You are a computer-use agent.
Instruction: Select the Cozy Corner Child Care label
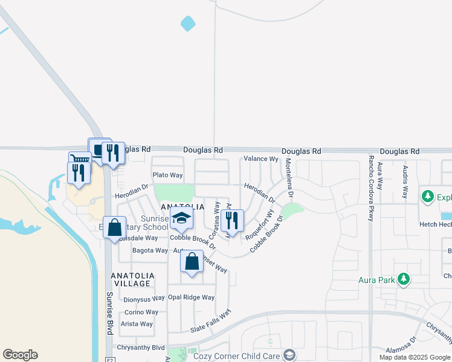click(236, 356)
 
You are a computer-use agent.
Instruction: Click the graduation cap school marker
click(181, 220)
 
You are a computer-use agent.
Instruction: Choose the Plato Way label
click(167, 175)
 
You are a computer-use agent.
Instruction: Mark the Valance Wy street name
click(260, 159)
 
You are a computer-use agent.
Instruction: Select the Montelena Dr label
click(289, 179)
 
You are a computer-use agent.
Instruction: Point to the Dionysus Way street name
click(144, 299)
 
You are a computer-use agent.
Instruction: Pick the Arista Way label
click(137, 324)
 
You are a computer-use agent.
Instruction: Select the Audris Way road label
click(405, 180)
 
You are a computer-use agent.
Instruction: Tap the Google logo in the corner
click(20, 355)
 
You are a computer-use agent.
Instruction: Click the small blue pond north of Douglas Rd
click(188, 24)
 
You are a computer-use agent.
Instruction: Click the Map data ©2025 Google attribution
click(415, 357)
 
